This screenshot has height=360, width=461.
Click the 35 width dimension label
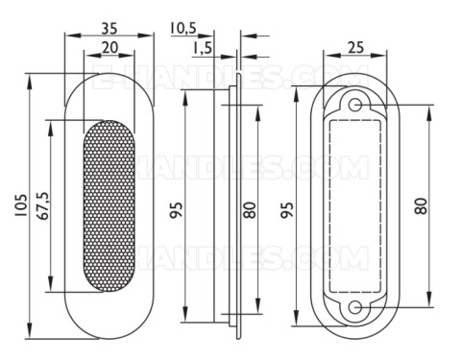[109, 28]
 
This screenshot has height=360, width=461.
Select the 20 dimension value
[109, 48]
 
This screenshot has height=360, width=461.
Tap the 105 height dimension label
[21, 205]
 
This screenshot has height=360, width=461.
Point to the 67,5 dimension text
[42, 205]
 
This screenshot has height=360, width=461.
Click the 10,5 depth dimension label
[183, 28]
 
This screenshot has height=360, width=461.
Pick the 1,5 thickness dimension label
[203, 48]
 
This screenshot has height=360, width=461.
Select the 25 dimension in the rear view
[355, 48]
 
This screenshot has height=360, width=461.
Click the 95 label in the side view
[177, 209]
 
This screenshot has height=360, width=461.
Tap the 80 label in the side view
[250, 209]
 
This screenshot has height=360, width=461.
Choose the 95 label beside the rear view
[287, 209]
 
